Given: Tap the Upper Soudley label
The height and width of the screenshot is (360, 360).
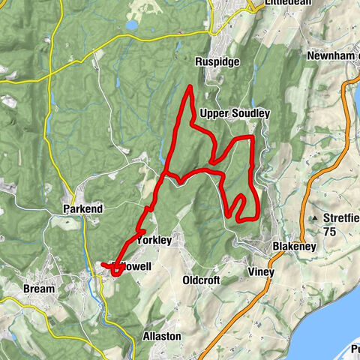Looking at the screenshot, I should click(235, 112).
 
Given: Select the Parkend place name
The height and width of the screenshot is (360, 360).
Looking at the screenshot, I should click(83, 206).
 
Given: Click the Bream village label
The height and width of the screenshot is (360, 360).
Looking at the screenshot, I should click(39, 289).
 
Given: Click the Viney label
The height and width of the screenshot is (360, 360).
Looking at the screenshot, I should click(261, 272).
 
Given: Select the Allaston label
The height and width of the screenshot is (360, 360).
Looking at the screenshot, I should click(161, 337).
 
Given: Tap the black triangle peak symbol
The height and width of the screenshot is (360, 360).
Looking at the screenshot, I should click(313, 218).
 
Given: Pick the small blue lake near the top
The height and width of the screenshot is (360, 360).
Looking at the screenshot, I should click(132, 25).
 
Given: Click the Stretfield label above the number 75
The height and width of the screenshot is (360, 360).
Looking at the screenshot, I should click(341, 218).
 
